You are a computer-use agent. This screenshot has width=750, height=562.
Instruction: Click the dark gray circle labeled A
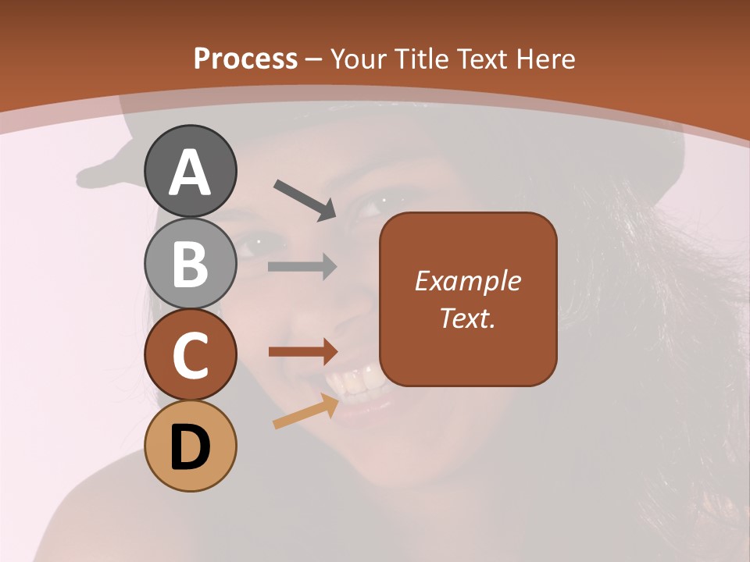click(x=190, y=171)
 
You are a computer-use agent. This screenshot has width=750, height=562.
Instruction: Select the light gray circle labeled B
click(x=190, y=263)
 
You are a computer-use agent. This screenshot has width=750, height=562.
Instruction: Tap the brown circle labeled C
click(x=190, y=355)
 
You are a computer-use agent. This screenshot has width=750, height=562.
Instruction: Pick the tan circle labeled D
click(x=190, y=446)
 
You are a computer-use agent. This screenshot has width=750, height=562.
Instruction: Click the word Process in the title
click(x=245, y=59)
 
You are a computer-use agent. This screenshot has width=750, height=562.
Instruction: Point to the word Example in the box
click(x=467, y=282)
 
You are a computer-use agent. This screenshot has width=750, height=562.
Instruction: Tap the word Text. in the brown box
click(x=467, y=318)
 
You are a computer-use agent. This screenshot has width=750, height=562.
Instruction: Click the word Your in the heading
click(x=357, y=59)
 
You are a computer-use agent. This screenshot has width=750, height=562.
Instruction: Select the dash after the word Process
click(x=314, y=60)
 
